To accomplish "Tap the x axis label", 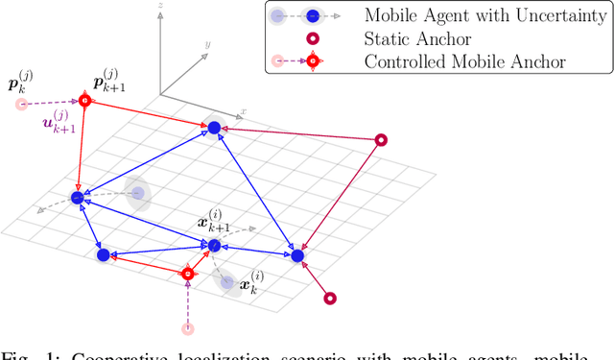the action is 243,111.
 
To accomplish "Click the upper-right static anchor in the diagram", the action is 381,141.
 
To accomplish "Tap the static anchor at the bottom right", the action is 330,300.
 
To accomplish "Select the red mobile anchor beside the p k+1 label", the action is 84,100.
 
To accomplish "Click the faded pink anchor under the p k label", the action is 22,102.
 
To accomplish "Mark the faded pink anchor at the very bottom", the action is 188,330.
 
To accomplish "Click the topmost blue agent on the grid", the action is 213,127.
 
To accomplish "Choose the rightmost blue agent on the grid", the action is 296,255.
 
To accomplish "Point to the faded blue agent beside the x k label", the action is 225,281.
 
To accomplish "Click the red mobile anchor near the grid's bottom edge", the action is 188,275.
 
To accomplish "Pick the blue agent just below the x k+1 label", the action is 215,247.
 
